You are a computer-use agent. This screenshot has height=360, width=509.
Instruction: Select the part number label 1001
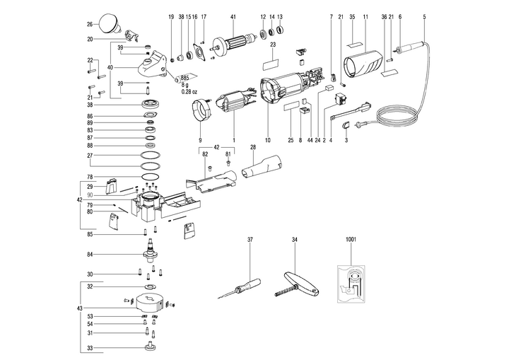351,240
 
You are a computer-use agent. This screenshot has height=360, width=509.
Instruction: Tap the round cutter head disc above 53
148,301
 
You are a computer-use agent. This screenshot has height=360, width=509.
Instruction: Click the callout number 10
268,141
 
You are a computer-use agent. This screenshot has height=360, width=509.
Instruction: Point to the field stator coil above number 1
233,105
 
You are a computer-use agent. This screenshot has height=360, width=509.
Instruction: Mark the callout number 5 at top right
424,16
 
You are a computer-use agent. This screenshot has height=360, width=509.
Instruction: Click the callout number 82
204,153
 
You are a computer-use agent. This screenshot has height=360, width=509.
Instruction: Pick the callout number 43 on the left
79,310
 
